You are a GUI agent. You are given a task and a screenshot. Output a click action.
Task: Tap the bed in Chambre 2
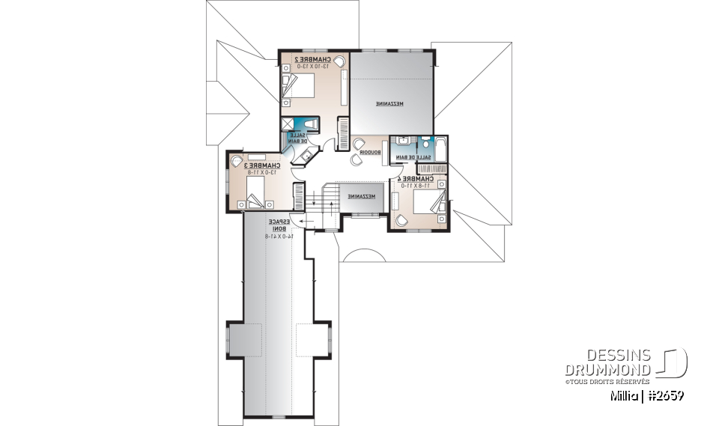point(297,85)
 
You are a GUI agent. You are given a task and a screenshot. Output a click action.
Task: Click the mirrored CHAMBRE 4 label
point(417,180)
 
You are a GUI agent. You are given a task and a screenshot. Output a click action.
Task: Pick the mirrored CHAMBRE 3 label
point(264,165)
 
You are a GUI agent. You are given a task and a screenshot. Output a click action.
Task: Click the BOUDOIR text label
point(370,152)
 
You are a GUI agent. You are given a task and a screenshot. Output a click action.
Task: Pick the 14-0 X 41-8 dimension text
point(278,236)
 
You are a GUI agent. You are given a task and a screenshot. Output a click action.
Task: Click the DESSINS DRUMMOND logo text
point(608,363)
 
